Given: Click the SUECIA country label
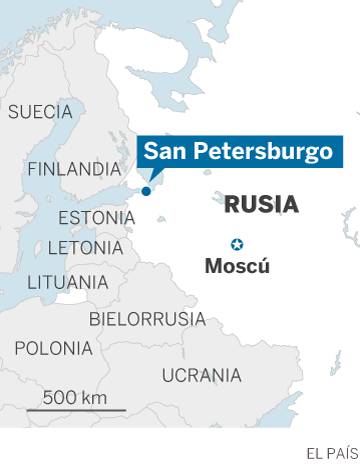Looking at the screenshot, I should click(40, 111).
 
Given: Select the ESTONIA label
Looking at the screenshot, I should click(97, 218).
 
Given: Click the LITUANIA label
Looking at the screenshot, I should click(67, 282).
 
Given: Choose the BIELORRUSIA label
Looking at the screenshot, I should click(147, 319).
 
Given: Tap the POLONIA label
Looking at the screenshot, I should click(53, 348).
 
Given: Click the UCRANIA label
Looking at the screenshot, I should click(201, 375).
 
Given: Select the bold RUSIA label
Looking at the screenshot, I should click(261, 205).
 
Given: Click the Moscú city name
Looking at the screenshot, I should click(237, 267).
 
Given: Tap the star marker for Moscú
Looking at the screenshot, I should click(237, 245).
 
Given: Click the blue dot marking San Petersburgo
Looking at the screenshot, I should click(146, 191).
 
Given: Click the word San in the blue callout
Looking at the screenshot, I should click(162, 151).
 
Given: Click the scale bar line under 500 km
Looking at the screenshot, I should click(76, 410).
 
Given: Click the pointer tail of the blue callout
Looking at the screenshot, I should click(151, 177).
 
